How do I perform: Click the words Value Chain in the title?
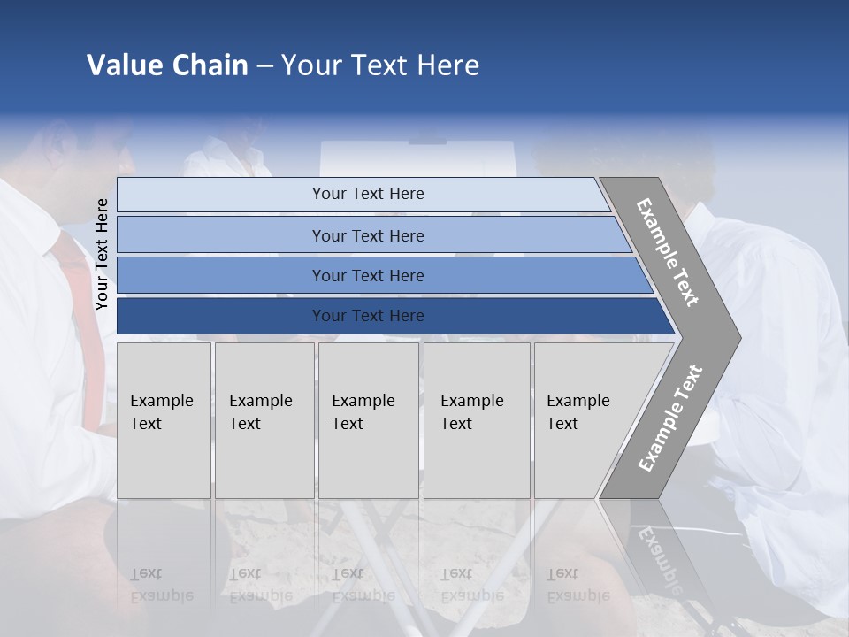click(x=167, y=65)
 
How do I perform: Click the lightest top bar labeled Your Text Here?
click(x=367, y=194)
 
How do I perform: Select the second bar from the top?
click(x=367, y=235)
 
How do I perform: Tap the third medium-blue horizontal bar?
click(x=367, y=275)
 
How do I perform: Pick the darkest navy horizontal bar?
click(x=367, y=316)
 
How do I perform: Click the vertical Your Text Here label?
click(x=102, y=254)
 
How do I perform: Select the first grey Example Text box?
click(x=164, y=419)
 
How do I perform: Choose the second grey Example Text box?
click(x=264, y=419)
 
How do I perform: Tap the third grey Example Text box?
click(x=367, y=419)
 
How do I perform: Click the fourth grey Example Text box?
click(x=476, y=419)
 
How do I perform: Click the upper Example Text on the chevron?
click(x=668, y=253)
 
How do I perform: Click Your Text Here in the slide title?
click(x=380, y=65)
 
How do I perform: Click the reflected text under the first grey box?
click(x=161, y=585)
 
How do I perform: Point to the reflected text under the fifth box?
click(x=577, y=585)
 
